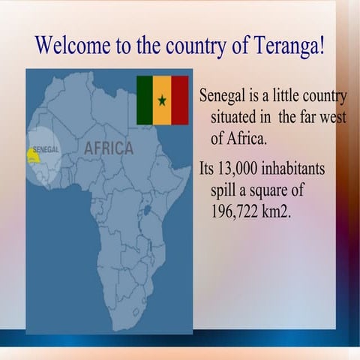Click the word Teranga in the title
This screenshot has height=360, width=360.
(x=289, y=46)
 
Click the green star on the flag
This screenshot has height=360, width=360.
(x=162, y=100)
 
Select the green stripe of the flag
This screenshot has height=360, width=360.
(x=145, y=100)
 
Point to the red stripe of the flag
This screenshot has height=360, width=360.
(x=180, y=100)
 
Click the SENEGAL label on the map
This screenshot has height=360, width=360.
(x=46, y=150)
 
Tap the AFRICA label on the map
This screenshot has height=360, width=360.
(x=109, y=148)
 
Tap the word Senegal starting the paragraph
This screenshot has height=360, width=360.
(x=223, y=97)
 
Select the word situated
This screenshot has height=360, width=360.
(x=236, y=117)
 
